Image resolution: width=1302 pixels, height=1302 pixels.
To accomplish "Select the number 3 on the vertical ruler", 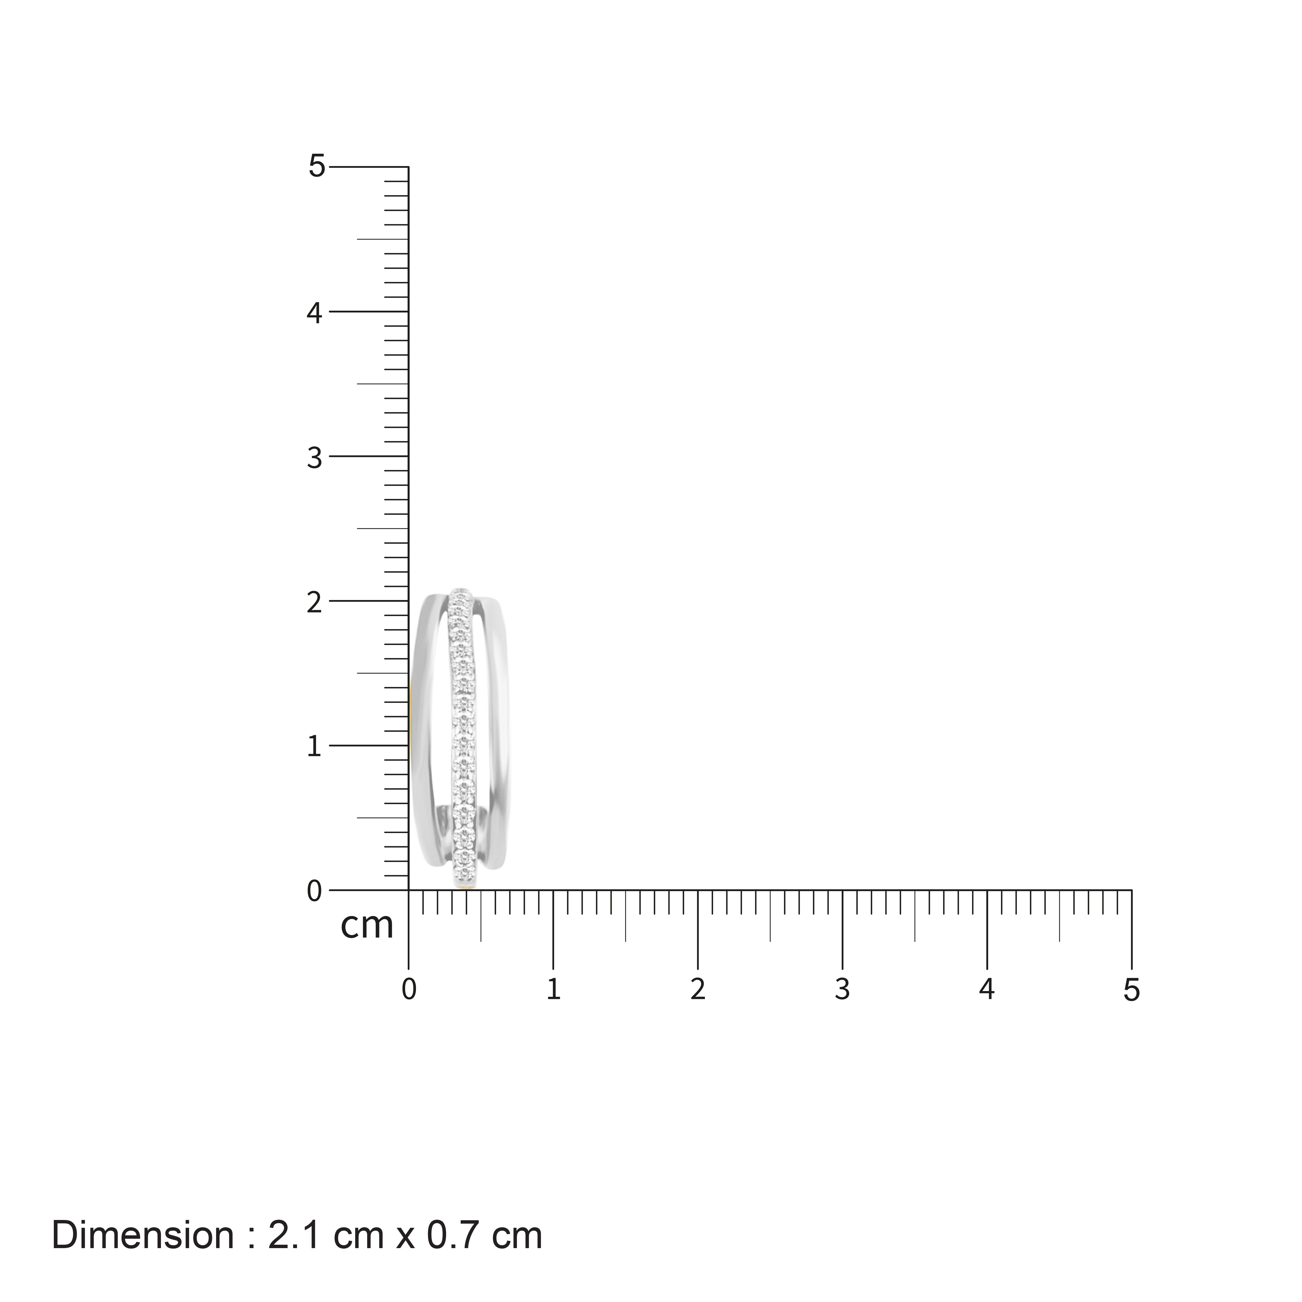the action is tap(315, 458).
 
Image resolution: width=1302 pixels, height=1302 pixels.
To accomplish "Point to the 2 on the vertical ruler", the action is tap(315, 603).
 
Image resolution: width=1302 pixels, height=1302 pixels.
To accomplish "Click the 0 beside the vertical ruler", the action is tap(315, 892).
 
